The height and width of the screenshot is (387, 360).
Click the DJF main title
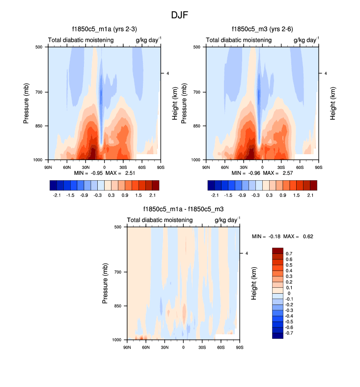coord(180,15)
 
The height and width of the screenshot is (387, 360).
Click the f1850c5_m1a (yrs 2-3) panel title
coord(108,29)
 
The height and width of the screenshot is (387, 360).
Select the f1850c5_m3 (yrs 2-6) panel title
coord(265,29)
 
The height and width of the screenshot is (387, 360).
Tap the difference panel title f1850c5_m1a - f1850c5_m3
coord(183,209)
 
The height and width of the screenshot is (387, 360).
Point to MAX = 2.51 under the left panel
coord(116,173)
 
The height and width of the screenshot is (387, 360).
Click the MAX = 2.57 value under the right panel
coord(275,173)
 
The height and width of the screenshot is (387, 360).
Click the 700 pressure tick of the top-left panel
coord(38,92)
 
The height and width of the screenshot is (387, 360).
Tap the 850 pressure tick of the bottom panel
coord(118,306)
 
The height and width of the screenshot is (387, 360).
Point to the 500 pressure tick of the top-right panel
coord(196,47)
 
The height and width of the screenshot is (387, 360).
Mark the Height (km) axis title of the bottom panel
coord(254,283)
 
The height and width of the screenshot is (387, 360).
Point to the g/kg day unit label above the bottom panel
coord(226,220)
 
